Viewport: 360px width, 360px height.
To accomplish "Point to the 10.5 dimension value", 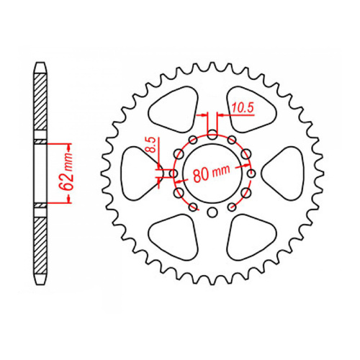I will coord(243,109).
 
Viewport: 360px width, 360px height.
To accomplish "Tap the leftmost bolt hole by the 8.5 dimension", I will coord(173,173).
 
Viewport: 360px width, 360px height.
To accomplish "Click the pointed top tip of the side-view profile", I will coord(41,64).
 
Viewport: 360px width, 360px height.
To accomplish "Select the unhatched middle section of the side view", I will coord(41,173).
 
